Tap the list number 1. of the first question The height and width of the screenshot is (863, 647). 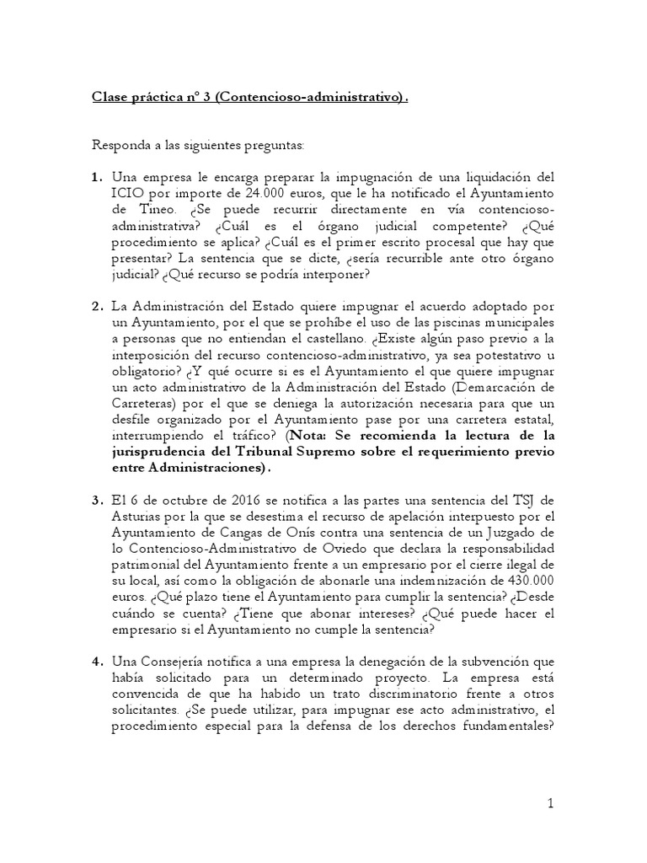pyautogui.click(x=97, y=177)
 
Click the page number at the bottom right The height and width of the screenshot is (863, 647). pyautogui.click(x=549, y=803)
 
